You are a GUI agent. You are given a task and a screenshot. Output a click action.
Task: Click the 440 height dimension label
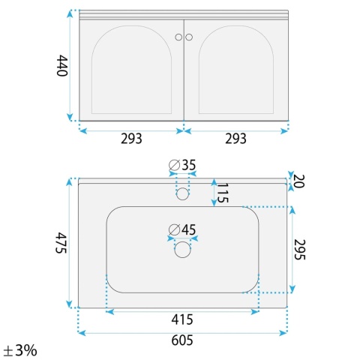coord(62,65)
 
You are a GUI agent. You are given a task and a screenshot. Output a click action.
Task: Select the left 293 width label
coord(131,139)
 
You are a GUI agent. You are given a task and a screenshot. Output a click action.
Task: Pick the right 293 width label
coord(235,139)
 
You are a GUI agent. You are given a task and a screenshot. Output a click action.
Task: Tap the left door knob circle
coord(178,37)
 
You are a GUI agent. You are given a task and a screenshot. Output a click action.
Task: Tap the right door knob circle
coord(189,37)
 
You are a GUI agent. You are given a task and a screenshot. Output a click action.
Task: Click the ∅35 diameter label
coord(182,165)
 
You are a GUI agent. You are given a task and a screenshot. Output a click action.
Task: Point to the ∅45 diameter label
coord(182,229)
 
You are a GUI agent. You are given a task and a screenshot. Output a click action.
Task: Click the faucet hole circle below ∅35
coord(182,193)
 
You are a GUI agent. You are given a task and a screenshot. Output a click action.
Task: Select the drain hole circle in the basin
coord(182,250)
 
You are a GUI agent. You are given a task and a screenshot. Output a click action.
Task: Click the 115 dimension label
coord(223,193)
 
